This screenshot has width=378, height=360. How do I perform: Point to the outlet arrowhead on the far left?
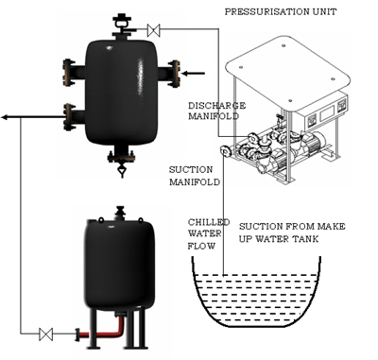coord(7,117)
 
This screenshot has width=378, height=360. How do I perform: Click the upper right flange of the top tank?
coord(173,72)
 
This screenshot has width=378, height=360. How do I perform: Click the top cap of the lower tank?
coord(120,212)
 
